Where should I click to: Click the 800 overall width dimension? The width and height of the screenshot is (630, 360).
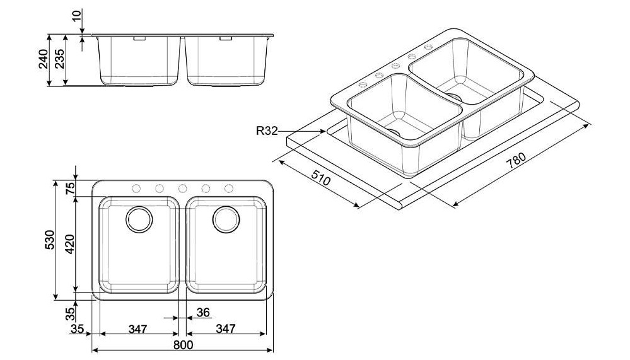(184, 345)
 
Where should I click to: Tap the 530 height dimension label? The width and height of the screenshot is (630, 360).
(49, 240)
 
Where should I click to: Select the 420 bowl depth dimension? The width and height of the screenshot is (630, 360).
(70, 244)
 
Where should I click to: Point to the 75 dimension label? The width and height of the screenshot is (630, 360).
(70, 188)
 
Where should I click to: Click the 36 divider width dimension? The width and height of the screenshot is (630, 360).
(204, 312)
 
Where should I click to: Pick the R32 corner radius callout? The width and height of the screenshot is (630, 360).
(267, 131)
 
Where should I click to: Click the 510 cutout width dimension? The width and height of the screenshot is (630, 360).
(320, 178)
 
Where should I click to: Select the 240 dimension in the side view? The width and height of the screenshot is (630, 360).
(44, 59)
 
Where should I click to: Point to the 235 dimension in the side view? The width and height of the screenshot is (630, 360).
(60, 59)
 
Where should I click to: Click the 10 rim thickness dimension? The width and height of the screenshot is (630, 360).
(76, 16)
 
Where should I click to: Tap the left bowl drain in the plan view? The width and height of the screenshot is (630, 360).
(139, 219)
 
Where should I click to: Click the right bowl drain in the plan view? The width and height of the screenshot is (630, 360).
(226, 219)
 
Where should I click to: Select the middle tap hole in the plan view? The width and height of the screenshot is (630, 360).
(182, 188)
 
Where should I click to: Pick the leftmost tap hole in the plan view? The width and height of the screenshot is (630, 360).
(136, 188)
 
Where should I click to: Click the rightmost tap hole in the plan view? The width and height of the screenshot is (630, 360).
(229, 188)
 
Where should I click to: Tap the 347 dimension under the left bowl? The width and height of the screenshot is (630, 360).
(138, 328)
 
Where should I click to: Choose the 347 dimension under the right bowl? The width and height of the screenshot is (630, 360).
(225, 328)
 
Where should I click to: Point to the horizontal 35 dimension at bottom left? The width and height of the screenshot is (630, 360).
(77, 328)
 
